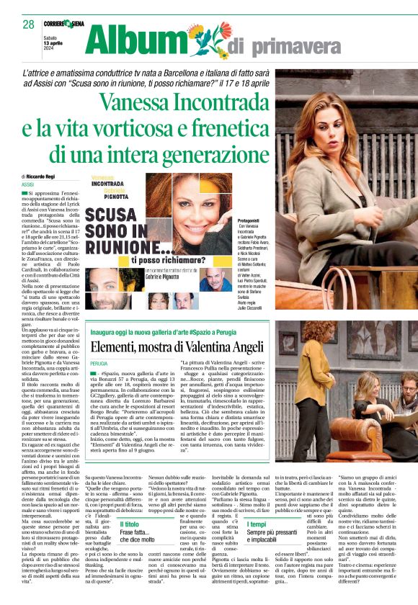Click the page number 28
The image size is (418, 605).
[28, 24]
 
